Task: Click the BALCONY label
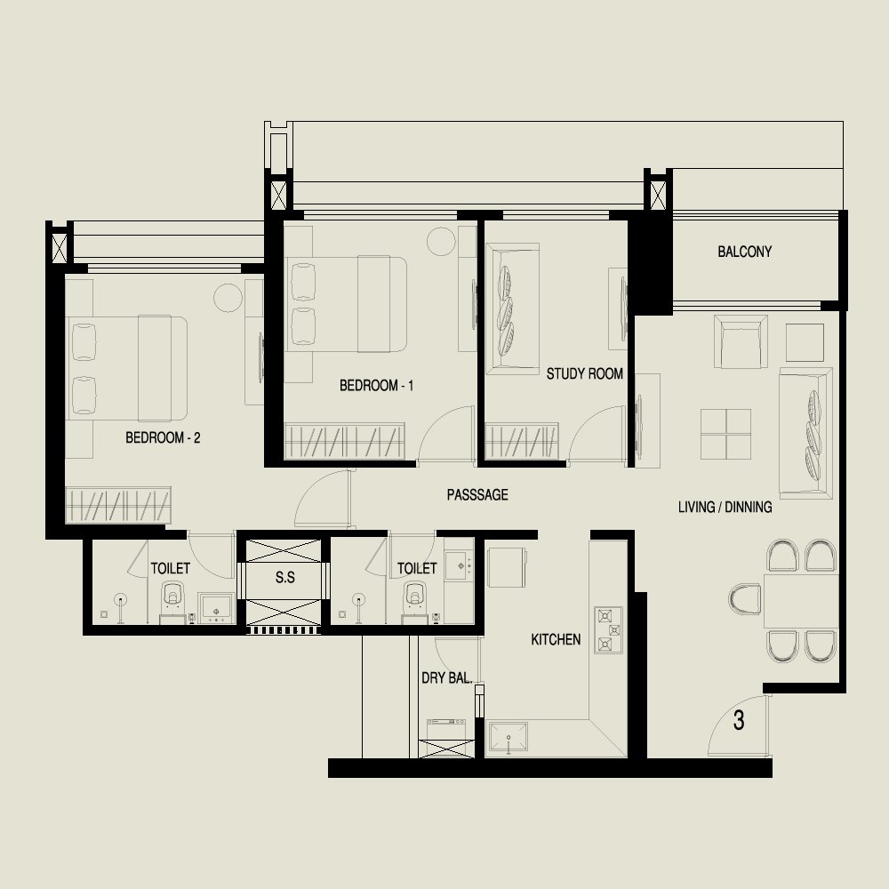coord(744,252)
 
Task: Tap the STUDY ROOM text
coord(585,373)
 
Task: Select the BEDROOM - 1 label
coord(376,386)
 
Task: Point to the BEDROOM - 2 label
coord(163,437)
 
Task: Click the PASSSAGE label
coord(477,495)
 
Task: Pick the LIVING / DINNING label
coord(725,507)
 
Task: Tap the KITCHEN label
coord(556,639)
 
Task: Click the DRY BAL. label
coord(447,677)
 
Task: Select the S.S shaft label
coord(285,577)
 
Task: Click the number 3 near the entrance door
coord(738,720)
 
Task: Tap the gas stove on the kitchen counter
coord(608,630)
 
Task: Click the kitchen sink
coord(509,738)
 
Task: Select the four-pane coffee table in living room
coord(725,435)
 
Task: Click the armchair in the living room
coord(741,342)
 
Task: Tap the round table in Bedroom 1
coord(441,241)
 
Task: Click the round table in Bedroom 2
coord(228,298)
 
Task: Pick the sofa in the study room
coord(513,309)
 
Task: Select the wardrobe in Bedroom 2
coord(118,505)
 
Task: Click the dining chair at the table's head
coord(745,599)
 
